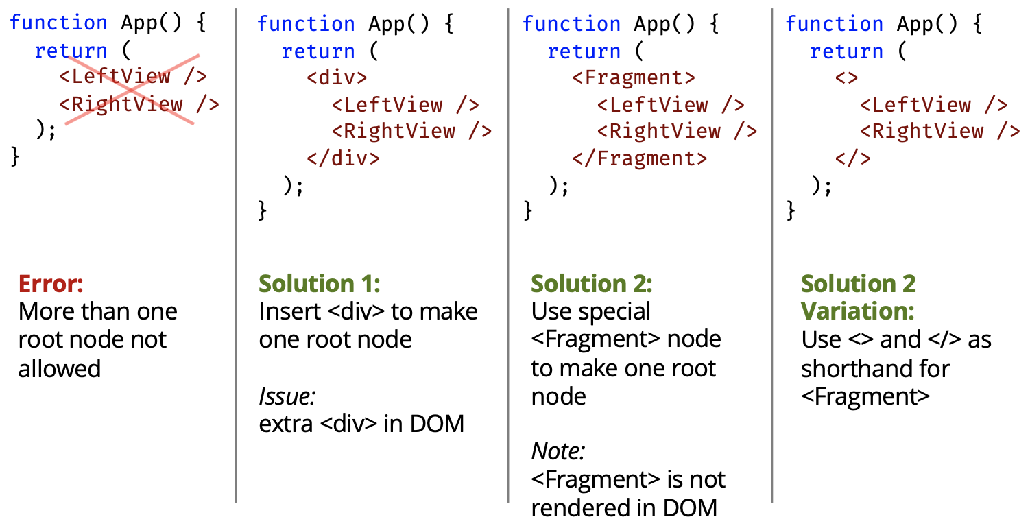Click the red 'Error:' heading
(x=50, y=283)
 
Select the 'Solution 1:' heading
(x=319, y=283)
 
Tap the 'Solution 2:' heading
(x=592, y=283)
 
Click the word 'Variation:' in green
(x=857, y=311)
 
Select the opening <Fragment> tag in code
(x=634, y=78)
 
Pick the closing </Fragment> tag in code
(x=640, y=158)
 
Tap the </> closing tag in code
(x=852, y=158)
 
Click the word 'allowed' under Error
(x=60, y=368)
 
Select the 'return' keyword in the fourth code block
(x=846, y=51)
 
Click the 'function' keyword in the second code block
(x=306, y=25)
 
